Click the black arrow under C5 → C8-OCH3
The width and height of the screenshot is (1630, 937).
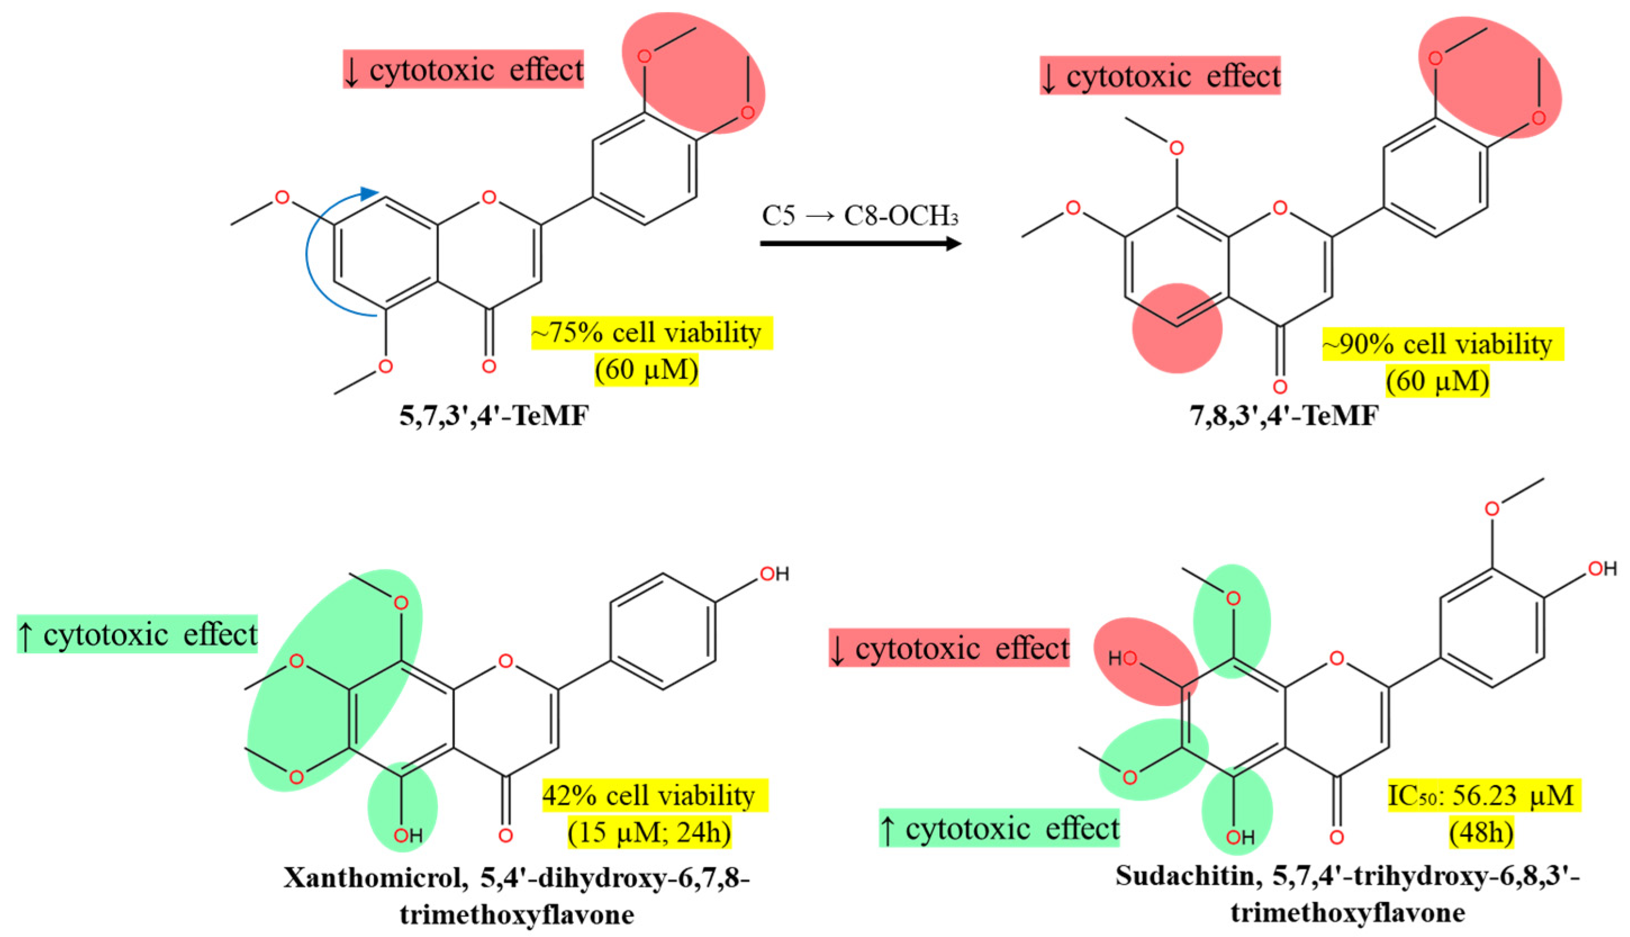coord(860,243)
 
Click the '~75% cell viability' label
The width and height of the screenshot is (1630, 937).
coord(651,333)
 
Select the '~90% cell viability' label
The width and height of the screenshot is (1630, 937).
coord(1442,344)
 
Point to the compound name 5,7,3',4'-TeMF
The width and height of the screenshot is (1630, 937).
coord(493,416)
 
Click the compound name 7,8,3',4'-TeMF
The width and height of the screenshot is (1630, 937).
coord(1284,416)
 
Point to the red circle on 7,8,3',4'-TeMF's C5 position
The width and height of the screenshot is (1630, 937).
coord(1177,328)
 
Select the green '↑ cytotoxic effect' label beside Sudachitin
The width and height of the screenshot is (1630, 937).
coord(999,828)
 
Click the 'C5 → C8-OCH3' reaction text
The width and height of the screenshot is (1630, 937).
coord(860,216)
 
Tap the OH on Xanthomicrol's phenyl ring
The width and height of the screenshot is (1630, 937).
coord(774,574)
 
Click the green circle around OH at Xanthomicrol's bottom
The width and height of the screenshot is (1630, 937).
coord(402,808)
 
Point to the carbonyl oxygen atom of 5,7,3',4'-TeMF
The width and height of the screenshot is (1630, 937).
coord(489,366)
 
